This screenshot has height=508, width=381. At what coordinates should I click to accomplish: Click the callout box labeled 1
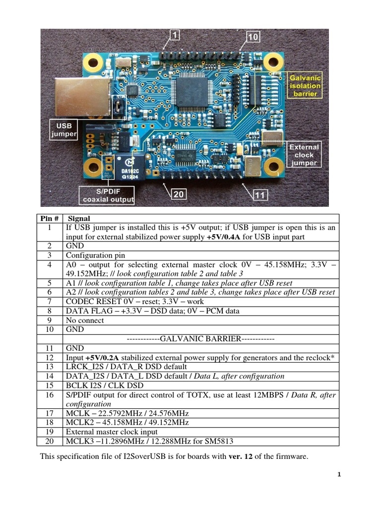click(176, 35)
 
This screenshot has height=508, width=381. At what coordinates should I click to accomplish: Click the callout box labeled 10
click(253, 36)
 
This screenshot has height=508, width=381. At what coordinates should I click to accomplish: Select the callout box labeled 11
click(260, 195)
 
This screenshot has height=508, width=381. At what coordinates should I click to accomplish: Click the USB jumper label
click(63, 130)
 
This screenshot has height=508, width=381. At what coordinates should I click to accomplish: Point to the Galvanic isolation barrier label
click(305, 86)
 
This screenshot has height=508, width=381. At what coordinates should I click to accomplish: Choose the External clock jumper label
click(304, 155)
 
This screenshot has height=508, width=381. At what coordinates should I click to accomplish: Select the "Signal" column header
click(79, 218)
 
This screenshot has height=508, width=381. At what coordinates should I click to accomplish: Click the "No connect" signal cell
click(85, 320)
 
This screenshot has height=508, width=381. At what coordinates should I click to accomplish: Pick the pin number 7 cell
click(50, 302)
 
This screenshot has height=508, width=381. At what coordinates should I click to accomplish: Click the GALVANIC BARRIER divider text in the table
click(200, 339)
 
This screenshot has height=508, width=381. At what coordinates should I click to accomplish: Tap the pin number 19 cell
click(50, 432)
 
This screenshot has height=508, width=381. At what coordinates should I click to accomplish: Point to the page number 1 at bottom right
click(339, 475)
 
